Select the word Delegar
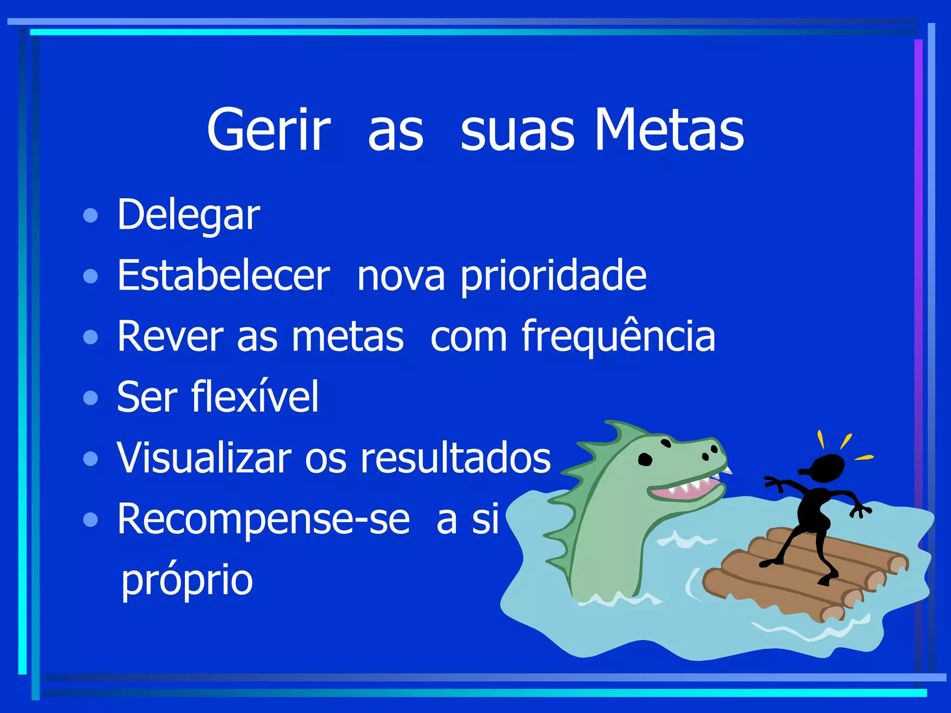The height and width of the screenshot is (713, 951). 188,215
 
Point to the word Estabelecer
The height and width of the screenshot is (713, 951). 223,276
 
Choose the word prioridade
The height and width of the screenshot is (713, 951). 553,277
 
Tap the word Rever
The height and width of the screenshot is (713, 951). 170,337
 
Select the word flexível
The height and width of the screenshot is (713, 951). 255,397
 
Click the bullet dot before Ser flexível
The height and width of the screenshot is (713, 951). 91,398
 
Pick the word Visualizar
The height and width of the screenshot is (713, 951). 203,458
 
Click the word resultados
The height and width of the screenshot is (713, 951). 456,458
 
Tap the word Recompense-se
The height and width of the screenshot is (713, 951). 263,519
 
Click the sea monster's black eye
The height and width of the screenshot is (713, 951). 645,460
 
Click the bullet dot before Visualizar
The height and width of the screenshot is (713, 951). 91,459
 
